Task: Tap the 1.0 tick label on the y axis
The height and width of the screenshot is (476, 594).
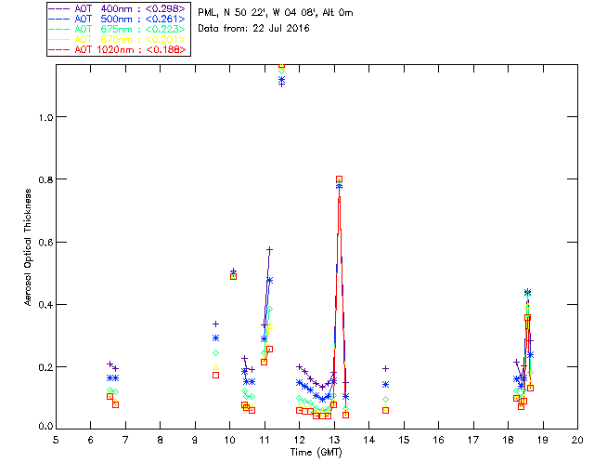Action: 42,117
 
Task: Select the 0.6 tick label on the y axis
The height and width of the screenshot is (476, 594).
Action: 42,242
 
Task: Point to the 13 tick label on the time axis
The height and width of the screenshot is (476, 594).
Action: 334,439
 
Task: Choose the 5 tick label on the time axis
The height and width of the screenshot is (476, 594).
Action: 56,439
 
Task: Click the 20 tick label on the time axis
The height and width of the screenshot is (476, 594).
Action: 577,439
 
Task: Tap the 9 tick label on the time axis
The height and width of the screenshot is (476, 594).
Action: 195,439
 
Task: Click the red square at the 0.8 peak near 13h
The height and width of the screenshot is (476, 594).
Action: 339,179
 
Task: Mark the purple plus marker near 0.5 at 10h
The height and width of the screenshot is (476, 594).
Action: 233,271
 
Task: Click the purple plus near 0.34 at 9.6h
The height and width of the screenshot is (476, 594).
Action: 215,324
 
